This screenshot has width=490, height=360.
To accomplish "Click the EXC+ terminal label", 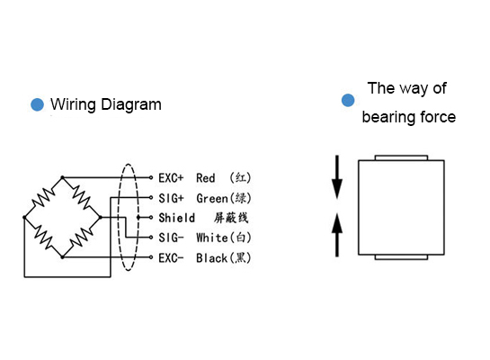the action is point(171,178).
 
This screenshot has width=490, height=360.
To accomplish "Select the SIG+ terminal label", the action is point(171,198).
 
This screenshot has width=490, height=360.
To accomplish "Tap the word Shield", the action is point(176,218).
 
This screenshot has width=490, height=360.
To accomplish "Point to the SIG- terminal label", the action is point(171,238).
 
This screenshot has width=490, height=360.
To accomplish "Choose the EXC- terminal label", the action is point(171,258).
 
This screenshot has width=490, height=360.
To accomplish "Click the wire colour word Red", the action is point(206,178).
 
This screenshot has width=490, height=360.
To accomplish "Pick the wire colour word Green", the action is point(212,198).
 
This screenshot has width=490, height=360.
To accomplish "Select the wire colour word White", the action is point(212,238).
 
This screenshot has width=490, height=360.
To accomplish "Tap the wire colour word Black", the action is point(212,258).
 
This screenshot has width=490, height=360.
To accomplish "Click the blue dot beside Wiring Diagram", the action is point(37,104).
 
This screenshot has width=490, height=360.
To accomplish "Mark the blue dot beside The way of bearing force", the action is point(348,100).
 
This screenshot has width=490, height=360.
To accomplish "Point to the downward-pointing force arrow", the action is point(337,177).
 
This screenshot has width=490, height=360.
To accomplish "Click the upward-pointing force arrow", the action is point(337,235).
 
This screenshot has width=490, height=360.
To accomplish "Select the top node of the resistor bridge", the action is point(63,177).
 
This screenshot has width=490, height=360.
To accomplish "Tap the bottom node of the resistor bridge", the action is point(63,257).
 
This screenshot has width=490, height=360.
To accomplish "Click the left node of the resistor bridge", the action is point(24,217).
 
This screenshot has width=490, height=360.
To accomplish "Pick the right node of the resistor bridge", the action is point(101,217).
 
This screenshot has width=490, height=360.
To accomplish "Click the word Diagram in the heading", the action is point(131,104).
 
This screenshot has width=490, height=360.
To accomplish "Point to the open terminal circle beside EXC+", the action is point(151,177).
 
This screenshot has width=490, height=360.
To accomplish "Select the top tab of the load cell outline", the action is point(401,157).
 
